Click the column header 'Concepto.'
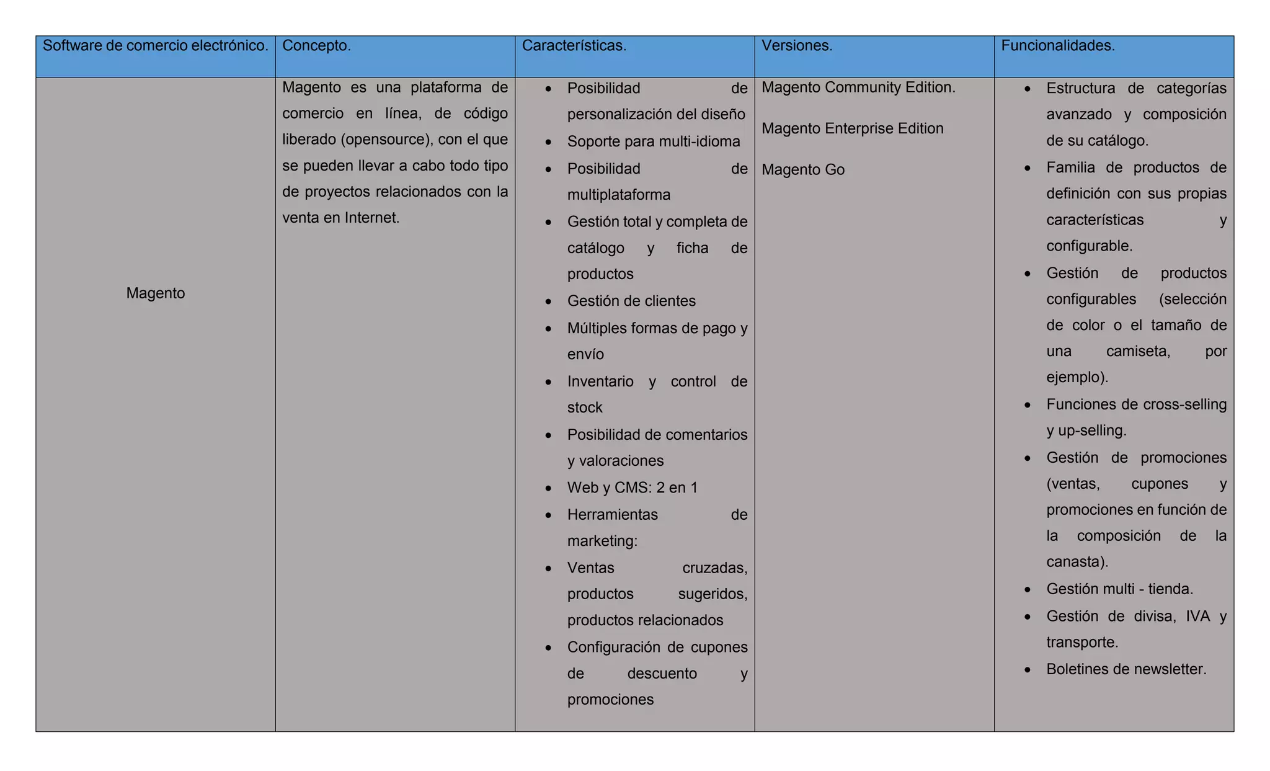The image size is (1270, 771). point(316,46)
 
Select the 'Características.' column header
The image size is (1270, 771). point(574,46)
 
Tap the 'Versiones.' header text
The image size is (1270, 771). point(797,46)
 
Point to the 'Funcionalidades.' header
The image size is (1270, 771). point(1058,46)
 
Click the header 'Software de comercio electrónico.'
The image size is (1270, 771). point(155,46)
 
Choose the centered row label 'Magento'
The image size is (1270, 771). point(156,293)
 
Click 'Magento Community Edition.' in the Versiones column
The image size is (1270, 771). point(858,87)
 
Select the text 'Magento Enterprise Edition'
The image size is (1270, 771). point(852,128)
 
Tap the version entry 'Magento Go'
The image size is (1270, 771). point(802,170)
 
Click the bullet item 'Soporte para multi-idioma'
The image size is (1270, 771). point(653,141)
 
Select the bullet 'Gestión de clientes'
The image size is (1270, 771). point(631,301)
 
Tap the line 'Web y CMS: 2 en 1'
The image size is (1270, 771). point(632,488)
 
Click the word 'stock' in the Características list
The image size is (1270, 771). point(584,408)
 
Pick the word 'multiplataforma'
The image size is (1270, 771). point(618,195)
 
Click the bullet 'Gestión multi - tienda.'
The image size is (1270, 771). point(1119,589)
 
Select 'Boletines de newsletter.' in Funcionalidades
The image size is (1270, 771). point(1126,669)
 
